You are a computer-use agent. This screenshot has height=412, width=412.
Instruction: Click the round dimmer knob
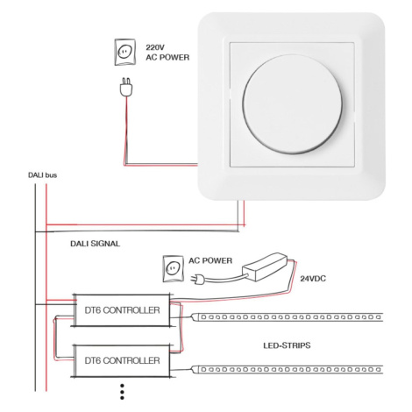[292, 103]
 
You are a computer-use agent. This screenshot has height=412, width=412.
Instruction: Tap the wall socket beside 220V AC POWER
[124, 52]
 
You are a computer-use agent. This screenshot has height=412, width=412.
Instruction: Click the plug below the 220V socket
[126, 87]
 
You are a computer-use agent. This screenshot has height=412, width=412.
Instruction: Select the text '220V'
[154, 47]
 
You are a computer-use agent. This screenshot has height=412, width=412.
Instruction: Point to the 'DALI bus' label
[42, 175]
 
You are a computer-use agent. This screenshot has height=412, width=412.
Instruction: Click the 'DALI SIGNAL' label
[95, 244]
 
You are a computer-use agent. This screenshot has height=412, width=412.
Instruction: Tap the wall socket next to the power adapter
[173, 269]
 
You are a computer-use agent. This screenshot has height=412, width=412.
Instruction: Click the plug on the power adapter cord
[197, 280]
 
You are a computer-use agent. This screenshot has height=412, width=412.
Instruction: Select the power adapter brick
[266, 266]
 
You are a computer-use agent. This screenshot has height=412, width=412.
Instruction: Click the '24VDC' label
[313, 279]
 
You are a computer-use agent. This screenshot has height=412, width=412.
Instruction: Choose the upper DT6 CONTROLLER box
[122, 310]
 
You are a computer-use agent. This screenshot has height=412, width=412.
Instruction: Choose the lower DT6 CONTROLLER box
[122, 360]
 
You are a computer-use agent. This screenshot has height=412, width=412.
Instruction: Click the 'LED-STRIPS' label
[287, 345]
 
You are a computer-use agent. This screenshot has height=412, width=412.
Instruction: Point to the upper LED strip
[288, 317]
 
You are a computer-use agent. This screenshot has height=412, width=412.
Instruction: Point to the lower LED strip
[288, 370]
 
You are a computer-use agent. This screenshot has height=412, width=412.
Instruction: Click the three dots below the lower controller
[122, 392]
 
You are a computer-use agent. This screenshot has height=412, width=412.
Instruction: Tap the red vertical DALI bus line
[46, 288]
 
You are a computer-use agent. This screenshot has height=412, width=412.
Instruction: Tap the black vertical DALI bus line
[35, 288]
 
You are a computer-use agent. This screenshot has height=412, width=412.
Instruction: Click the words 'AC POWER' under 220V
[167, 57]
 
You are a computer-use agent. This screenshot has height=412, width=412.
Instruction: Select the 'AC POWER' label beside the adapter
[210, 260]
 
